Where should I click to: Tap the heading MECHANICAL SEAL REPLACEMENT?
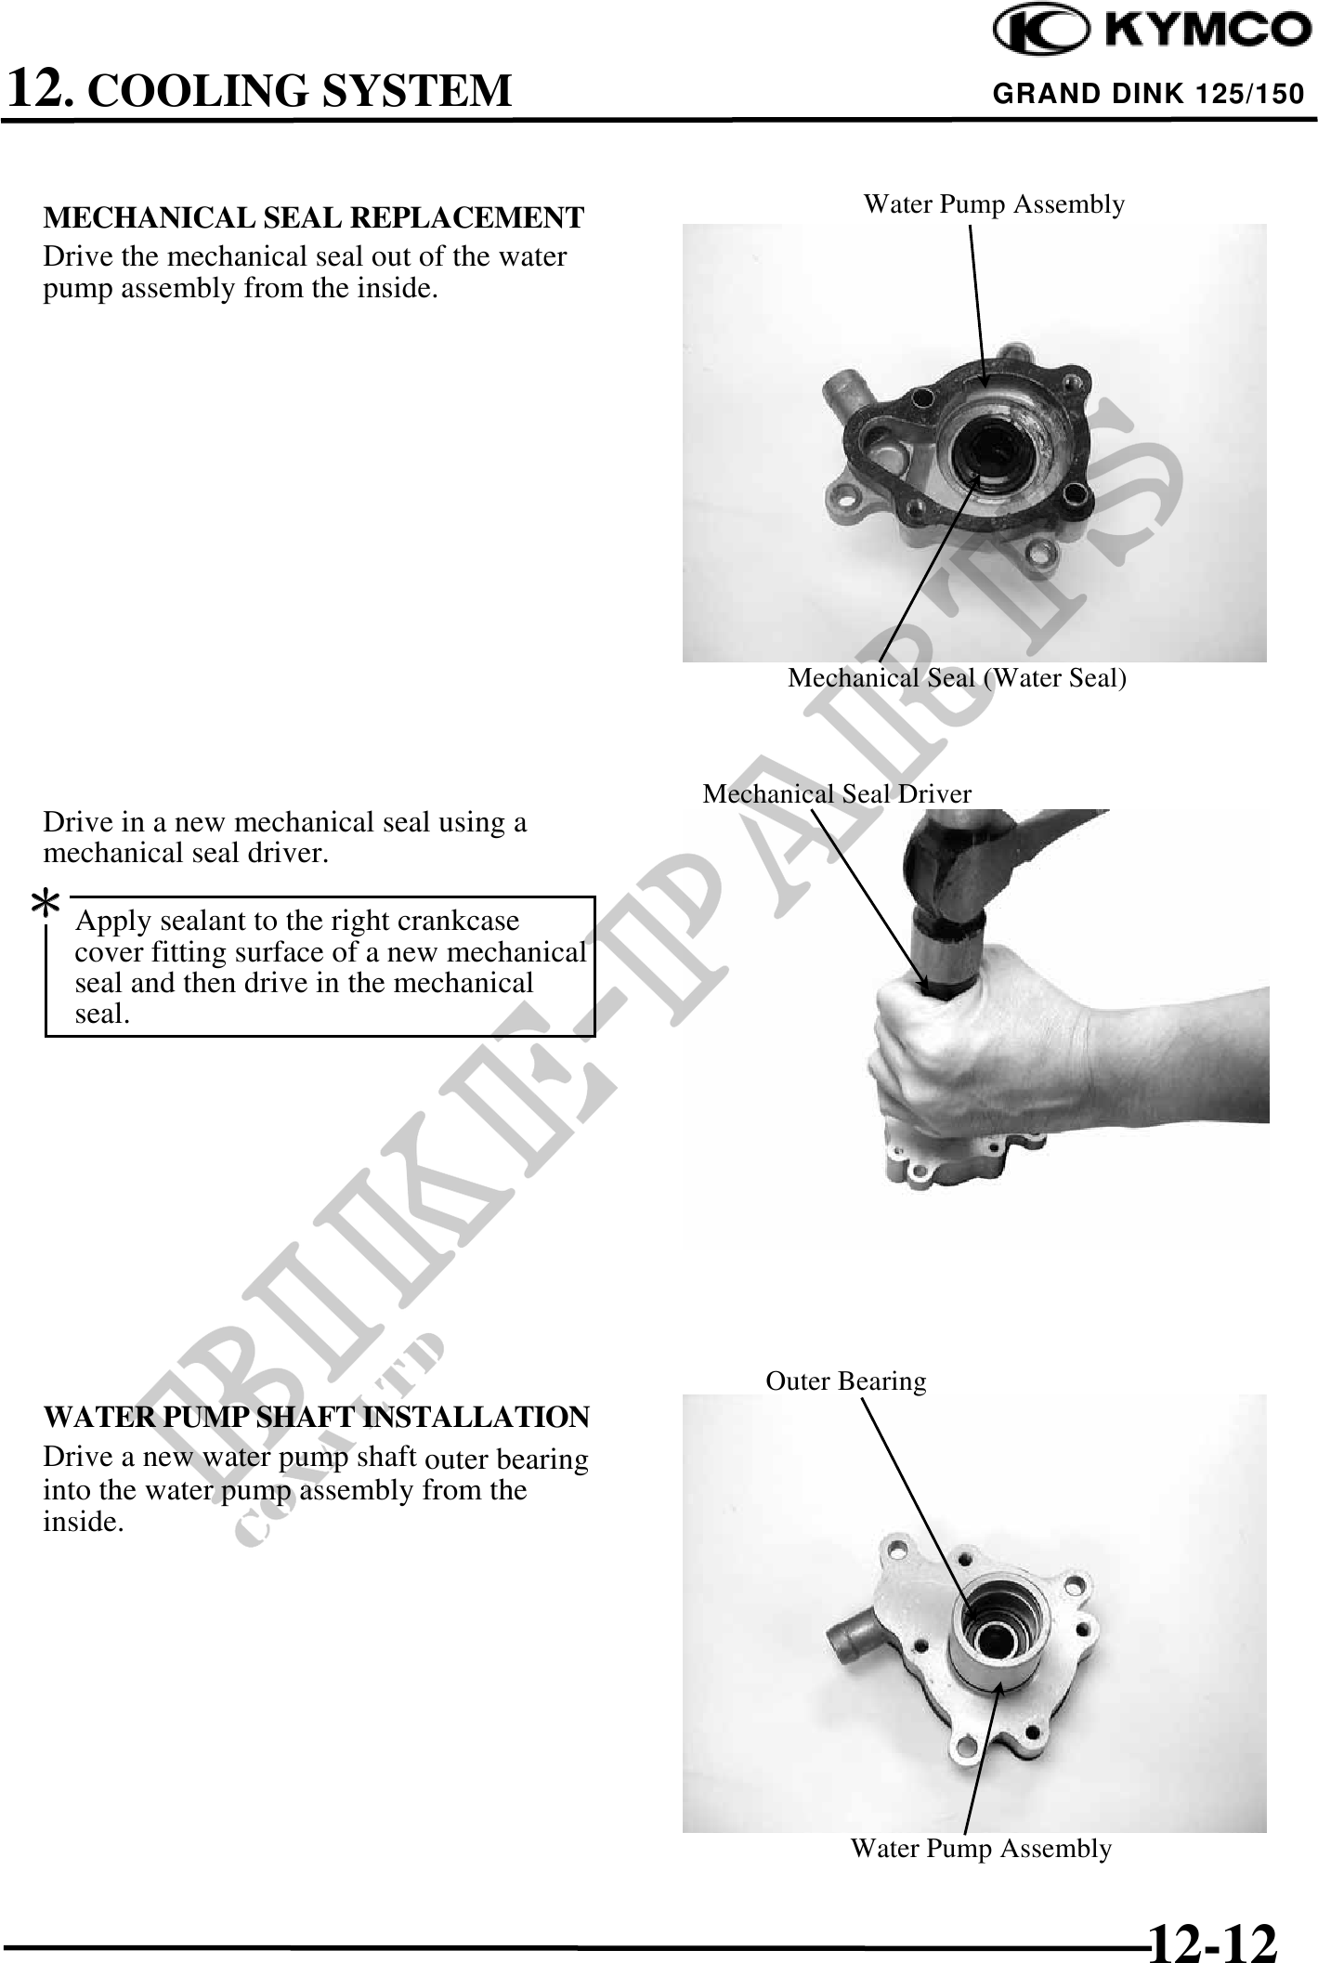point(314,217)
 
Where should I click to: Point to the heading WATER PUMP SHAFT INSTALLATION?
point(316,1417)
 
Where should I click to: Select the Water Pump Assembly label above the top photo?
point(994,204)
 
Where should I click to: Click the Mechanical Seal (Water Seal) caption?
point(957,678)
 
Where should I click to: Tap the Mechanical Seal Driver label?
point(837,793)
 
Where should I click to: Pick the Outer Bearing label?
point(846,1381)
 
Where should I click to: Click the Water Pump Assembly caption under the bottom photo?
point(981,1849)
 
